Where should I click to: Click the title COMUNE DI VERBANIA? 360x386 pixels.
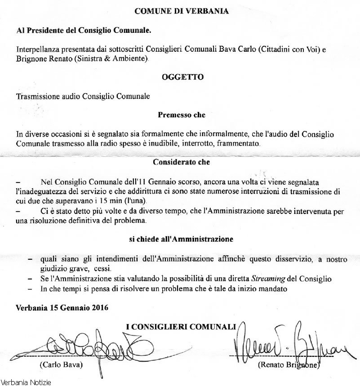pyautogui.click(x=181, y=11)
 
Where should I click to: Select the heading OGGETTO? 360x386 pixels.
pyautogui.click(x=182, y=77)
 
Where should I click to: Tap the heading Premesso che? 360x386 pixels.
pyautogui.click(x=182, y=115)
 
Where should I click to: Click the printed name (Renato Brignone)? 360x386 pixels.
pyautogui.click(x=289, y=365)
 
